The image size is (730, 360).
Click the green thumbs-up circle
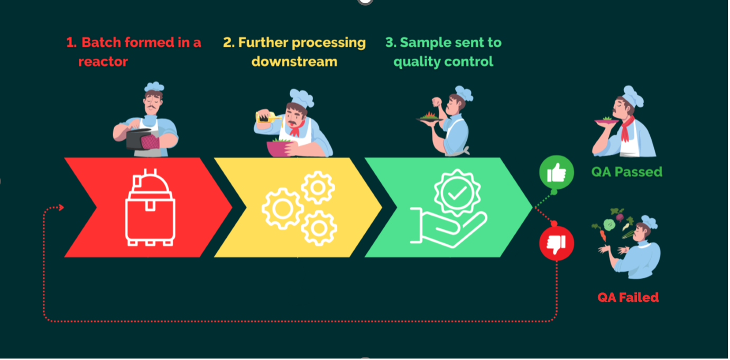coord(556,173)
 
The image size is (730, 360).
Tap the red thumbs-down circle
coord(556,243)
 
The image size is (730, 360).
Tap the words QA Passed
coord(626,172)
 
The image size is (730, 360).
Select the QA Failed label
coord(628,297)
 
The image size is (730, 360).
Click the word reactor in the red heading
coord(103,62)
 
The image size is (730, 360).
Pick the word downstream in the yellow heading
coord(294,62)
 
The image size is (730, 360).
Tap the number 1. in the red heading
coord(71,43)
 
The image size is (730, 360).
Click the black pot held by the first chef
coord(137,139)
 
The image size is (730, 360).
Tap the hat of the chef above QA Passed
coord(632,96)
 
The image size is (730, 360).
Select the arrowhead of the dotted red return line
coord(61,208)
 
